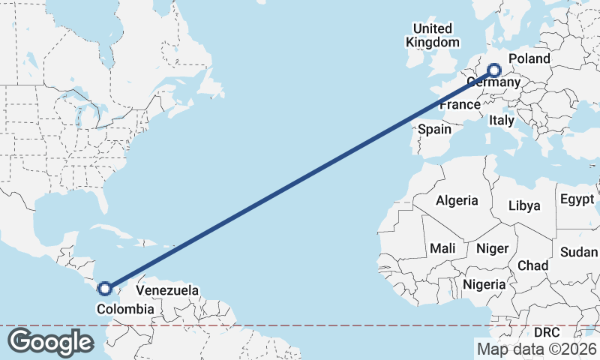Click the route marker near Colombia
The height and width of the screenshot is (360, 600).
(105, 288)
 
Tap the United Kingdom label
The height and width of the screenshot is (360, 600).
(433, 35)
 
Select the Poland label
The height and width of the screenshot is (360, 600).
(529, 58)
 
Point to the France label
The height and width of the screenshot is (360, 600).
(459, 105)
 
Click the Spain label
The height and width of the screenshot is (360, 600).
(434, 129)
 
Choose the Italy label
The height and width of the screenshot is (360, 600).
(501, 120)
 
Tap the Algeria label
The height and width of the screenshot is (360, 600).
(457, 200)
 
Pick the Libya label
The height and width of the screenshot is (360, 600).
(524, 205)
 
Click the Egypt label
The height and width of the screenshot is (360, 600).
(577, 200)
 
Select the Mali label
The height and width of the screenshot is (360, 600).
(442, 247)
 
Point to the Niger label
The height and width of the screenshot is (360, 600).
(493, 247)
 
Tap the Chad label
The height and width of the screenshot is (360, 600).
(532, 265)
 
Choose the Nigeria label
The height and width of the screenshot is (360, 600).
(484, 284)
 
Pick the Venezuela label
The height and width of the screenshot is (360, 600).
(167, 289)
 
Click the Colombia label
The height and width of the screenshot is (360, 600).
(125, 309)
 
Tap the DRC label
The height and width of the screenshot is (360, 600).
(547, 331)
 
